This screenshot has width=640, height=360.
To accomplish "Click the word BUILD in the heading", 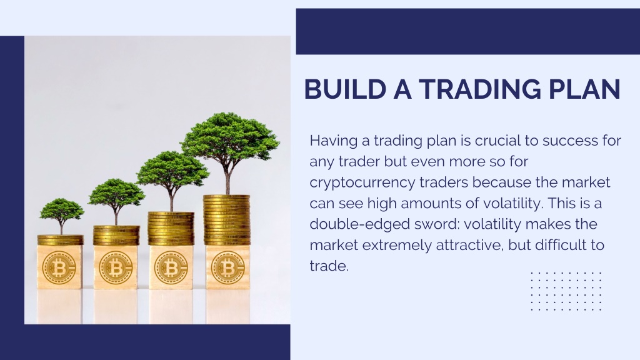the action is point(345,89).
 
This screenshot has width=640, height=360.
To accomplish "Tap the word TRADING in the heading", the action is point(480,89).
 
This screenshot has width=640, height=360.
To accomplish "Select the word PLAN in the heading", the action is point(584,89).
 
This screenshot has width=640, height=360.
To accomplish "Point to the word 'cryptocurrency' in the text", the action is point(362,183).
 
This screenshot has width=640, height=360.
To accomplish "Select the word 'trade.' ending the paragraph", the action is point(329,266).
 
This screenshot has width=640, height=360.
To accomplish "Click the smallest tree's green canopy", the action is point(62,209).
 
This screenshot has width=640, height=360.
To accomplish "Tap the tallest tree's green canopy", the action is point(230,136).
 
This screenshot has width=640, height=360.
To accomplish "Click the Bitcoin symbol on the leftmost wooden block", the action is point(59,268).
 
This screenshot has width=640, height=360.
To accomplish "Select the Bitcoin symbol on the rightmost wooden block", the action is point(227,268).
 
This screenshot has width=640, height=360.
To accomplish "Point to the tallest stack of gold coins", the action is point(226,220).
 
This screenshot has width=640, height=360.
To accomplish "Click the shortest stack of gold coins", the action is point(61,239).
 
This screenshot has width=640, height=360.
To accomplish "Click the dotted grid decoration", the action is point(566,291).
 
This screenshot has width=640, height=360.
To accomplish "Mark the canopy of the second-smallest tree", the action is point(117,192).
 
